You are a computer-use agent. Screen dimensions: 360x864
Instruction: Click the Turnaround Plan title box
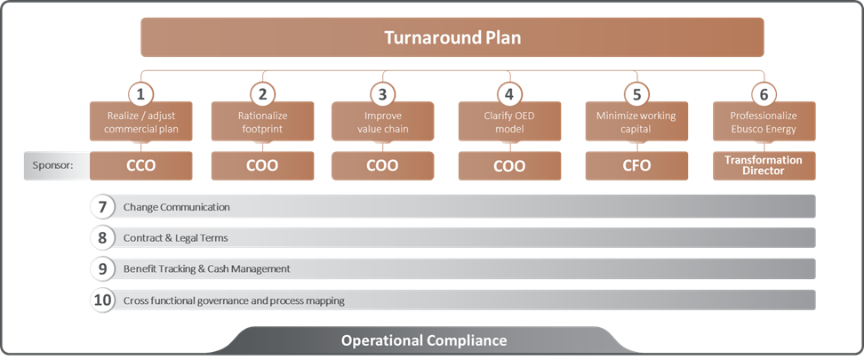452,38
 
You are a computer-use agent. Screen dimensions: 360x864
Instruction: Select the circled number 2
261,93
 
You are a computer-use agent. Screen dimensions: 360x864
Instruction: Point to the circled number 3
382,93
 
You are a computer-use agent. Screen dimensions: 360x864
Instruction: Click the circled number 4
508,93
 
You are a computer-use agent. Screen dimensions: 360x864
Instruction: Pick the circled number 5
636,93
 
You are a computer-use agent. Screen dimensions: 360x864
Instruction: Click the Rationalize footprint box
262,123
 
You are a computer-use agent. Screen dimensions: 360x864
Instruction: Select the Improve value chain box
382,123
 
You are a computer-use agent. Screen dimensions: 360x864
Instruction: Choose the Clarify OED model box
509,123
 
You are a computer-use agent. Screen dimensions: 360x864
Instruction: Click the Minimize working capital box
636,123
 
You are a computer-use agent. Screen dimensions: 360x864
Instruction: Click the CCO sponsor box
140,165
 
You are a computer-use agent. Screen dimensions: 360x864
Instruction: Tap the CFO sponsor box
636,165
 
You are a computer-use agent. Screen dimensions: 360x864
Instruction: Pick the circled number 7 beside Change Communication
103,207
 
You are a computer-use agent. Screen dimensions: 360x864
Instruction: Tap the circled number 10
103,300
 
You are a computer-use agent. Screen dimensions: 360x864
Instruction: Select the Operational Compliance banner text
424,340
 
